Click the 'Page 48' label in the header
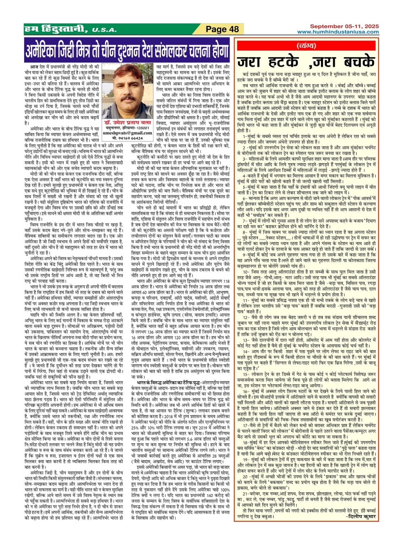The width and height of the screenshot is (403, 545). tap(223, 29)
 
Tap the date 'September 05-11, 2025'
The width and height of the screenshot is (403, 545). tap(344, 26)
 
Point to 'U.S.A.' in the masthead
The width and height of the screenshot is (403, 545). tap(103, 30)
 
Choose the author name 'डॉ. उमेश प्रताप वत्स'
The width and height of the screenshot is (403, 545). tap(128, 123)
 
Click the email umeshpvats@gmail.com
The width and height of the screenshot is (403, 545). tap(128, 133)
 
